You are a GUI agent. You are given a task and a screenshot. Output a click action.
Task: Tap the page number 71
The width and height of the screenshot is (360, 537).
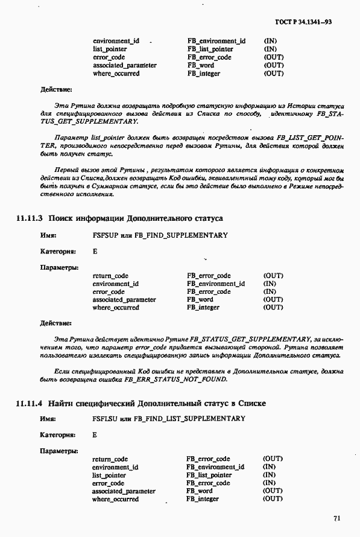point(336,517)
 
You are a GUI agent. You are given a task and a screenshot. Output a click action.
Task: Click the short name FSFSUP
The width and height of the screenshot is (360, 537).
point(103,235)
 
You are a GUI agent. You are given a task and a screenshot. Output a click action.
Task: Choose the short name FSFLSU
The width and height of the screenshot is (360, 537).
point(103,419)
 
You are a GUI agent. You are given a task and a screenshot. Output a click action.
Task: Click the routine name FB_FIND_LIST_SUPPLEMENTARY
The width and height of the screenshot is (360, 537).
point(194,419)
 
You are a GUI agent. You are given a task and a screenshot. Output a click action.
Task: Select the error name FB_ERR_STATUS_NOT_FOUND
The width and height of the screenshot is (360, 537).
point(179,379)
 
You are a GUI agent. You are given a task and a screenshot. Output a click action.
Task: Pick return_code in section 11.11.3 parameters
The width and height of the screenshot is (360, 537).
point(110,276)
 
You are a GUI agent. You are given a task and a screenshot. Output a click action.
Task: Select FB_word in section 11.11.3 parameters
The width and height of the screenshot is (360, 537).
point(200,299)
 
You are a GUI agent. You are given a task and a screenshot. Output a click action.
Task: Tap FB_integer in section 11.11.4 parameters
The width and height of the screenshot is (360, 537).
point(203,499)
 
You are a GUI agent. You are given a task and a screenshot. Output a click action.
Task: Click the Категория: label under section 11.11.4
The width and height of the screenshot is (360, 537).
point(57,434)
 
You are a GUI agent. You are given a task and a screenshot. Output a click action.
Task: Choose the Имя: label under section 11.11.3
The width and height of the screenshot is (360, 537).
point(48,235)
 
